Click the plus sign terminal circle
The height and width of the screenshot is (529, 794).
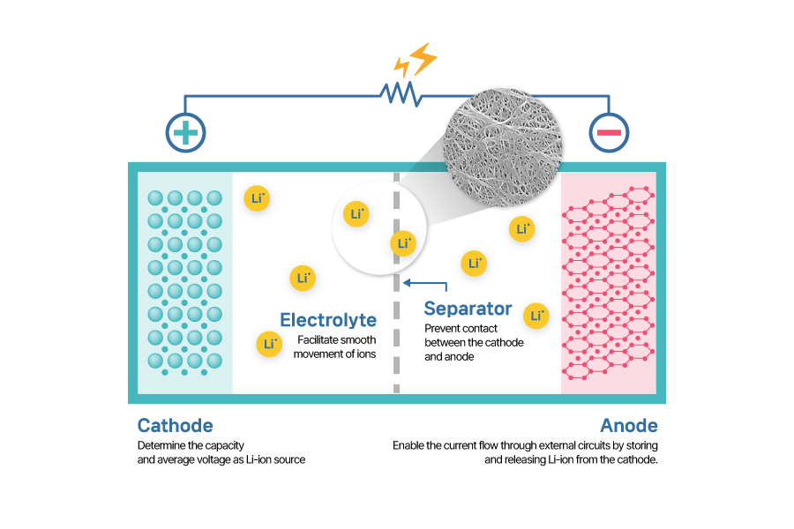(185, 133)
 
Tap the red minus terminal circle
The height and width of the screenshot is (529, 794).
(610, 133)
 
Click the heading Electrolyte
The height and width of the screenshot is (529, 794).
(328, 320)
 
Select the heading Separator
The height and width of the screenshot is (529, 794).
(468, 309)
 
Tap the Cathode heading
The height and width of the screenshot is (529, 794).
(175, 426)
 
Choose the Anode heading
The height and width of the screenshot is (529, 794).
(629, 426)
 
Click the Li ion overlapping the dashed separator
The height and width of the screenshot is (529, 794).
(404, 243)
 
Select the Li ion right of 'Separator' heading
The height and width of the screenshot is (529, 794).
(536, 316)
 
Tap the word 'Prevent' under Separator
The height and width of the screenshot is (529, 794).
(443, 328)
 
